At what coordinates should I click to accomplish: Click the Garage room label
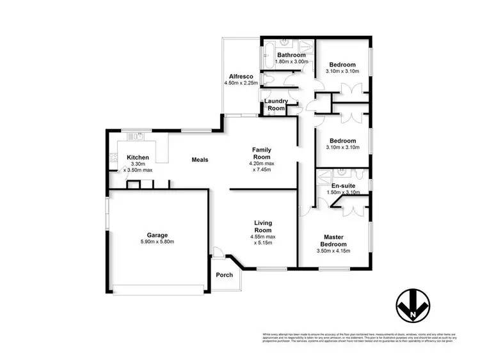tap(157, 235)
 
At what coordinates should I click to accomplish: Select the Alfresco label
tap(240, 75)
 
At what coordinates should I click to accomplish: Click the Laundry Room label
tap(276, 105)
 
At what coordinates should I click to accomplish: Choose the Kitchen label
tap(138, 157)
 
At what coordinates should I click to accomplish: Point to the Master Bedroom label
tap(333, 240)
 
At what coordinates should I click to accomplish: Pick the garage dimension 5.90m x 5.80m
tap(157, 242)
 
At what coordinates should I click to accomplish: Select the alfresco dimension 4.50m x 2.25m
tap(241, 82)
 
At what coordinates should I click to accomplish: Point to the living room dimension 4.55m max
tap(263, 235)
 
